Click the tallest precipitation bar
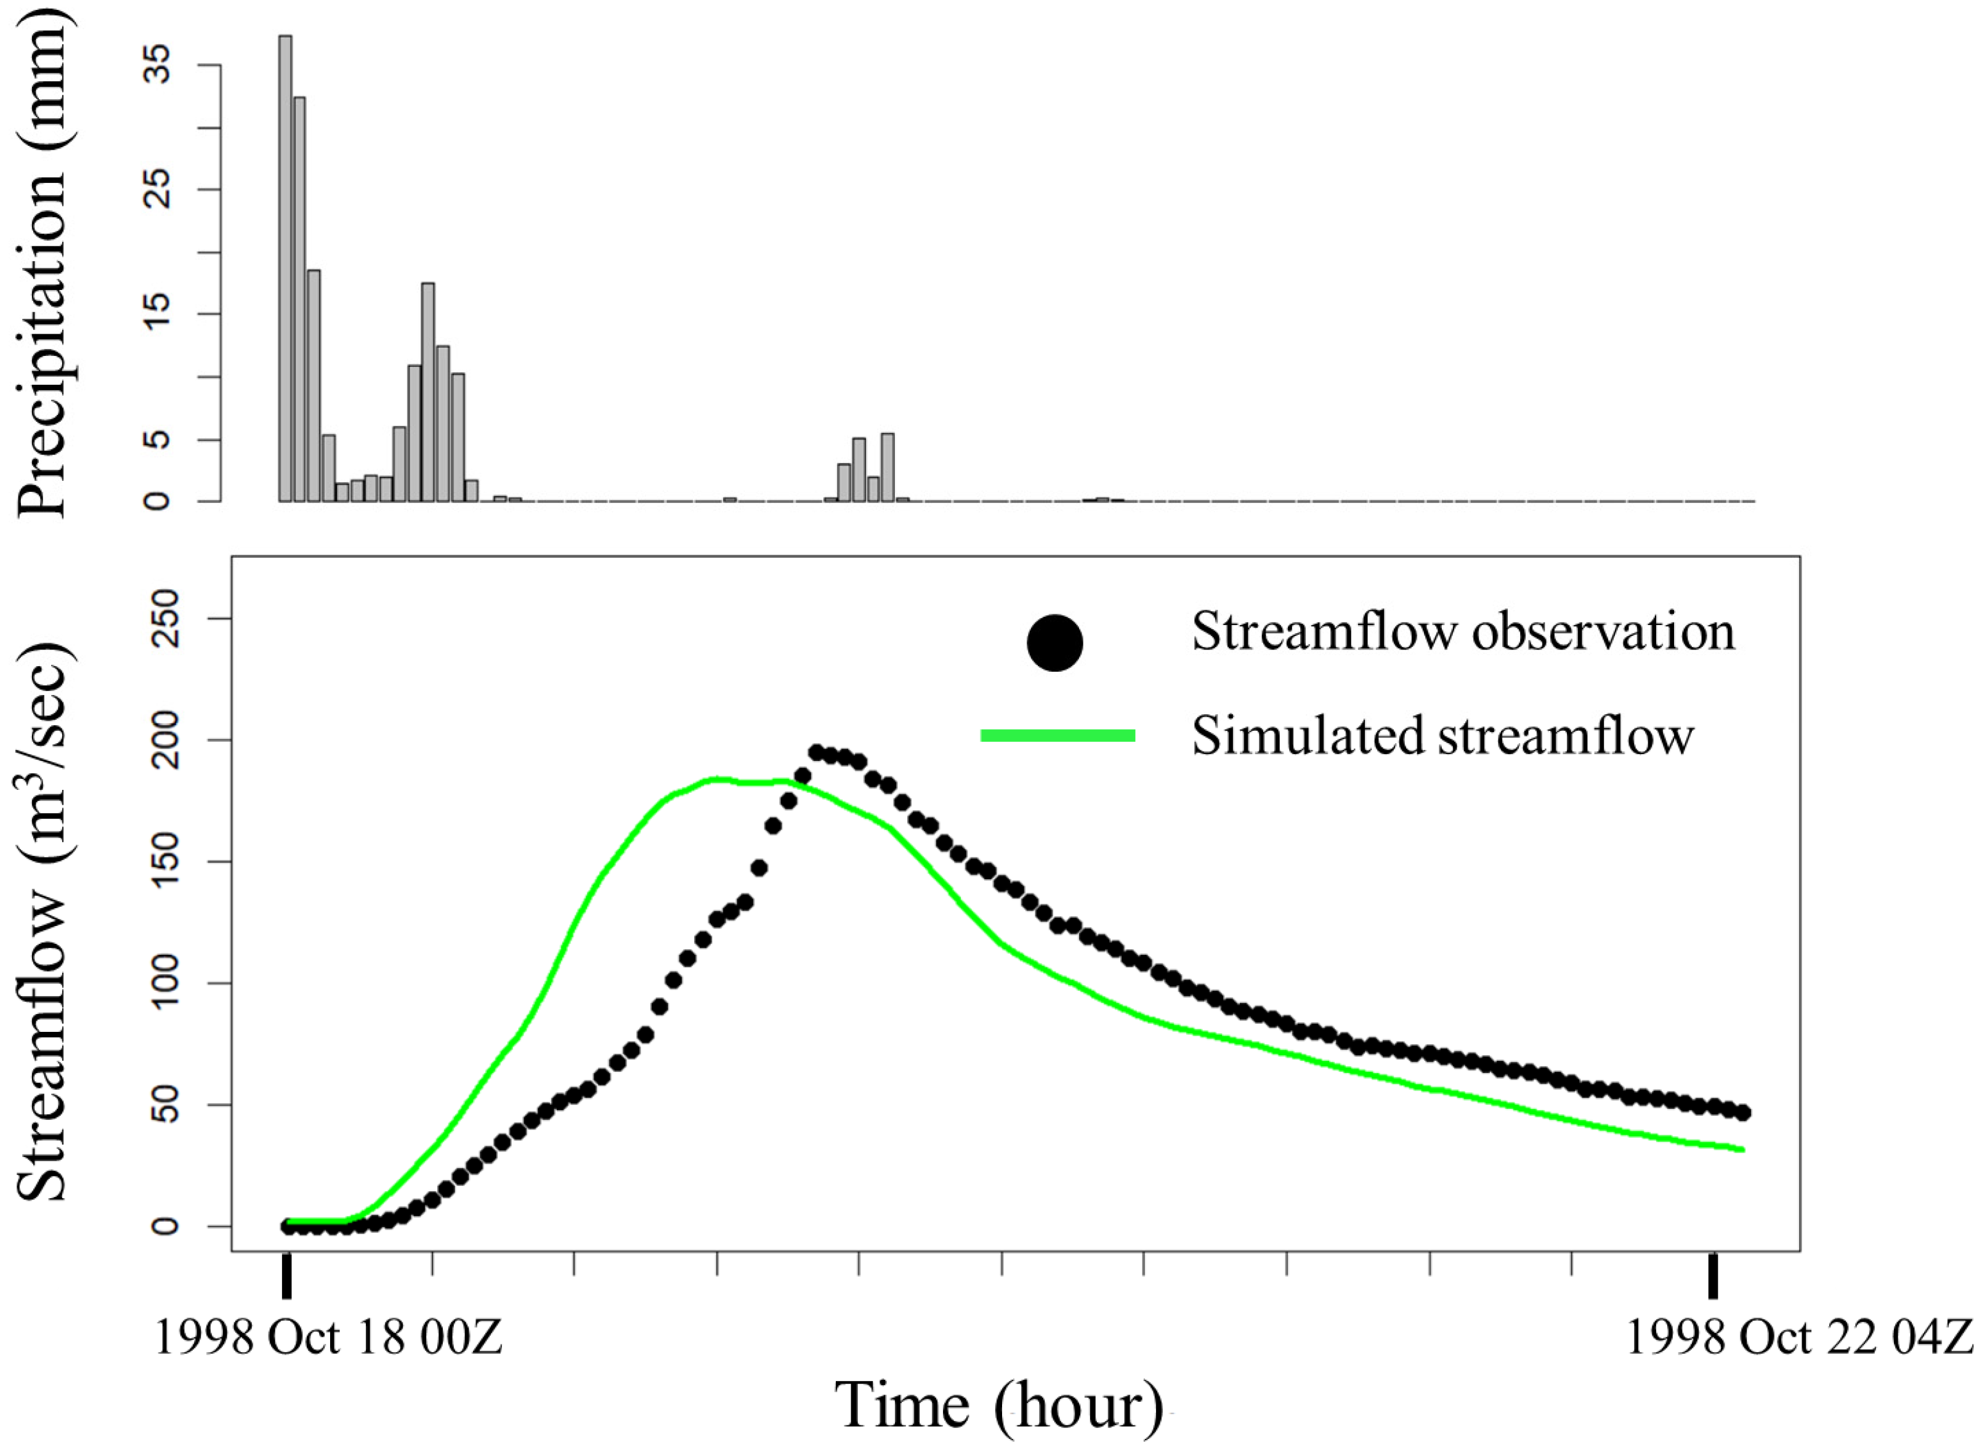click(x=285, y=268)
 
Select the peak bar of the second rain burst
click(x=427, y=392)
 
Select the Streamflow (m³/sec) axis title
click(x=42, y=924)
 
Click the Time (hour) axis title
click(x=998, y=1404)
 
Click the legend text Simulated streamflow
click(x=1442, y=735)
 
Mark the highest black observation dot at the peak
click(x=816, y=753)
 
